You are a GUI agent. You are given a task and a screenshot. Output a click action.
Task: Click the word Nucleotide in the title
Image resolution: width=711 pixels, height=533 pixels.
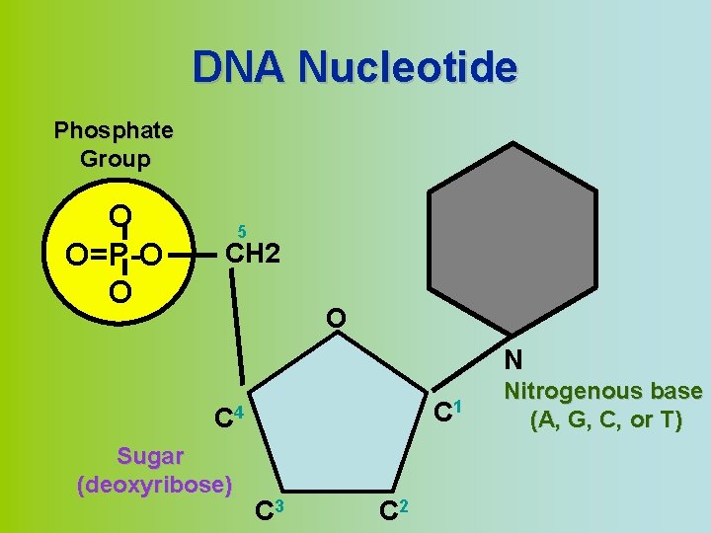407,68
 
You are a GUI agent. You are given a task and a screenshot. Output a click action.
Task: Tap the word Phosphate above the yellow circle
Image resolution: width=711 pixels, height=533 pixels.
114,130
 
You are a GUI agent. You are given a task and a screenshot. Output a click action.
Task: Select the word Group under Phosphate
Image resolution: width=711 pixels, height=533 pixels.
115,158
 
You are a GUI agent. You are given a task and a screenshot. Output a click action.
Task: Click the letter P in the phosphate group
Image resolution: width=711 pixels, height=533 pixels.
118,256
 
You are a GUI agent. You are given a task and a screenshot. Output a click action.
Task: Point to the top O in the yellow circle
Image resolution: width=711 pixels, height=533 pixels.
120,215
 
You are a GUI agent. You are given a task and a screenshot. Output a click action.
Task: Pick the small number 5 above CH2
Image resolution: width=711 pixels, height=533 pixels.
242,229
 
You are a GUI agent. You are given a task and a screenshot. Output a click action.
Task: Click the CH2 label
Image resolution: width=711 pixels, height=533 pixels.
254,255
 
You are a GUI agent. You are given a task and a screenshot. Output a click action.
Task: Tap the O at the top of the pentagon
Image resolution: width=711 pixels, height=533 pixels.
336,319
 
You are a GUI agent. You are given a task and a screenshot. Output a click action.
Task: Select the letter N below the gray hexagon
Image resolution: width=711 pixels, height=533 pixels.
513,360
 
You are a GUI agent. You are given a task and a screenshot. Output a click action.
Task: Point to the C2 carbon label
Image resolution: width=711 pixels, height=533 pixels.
393,509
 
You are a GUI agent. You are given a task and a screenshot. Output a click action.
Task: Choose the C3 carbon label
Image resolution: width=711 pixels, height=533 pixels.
268,509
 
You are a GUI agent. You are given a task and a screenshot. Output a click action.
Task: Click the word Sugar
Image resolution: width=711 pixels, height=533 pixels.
150,456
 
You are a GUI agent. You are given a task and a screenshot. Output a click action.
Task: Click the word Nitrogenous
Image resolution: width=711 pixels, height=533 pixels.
603,392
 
